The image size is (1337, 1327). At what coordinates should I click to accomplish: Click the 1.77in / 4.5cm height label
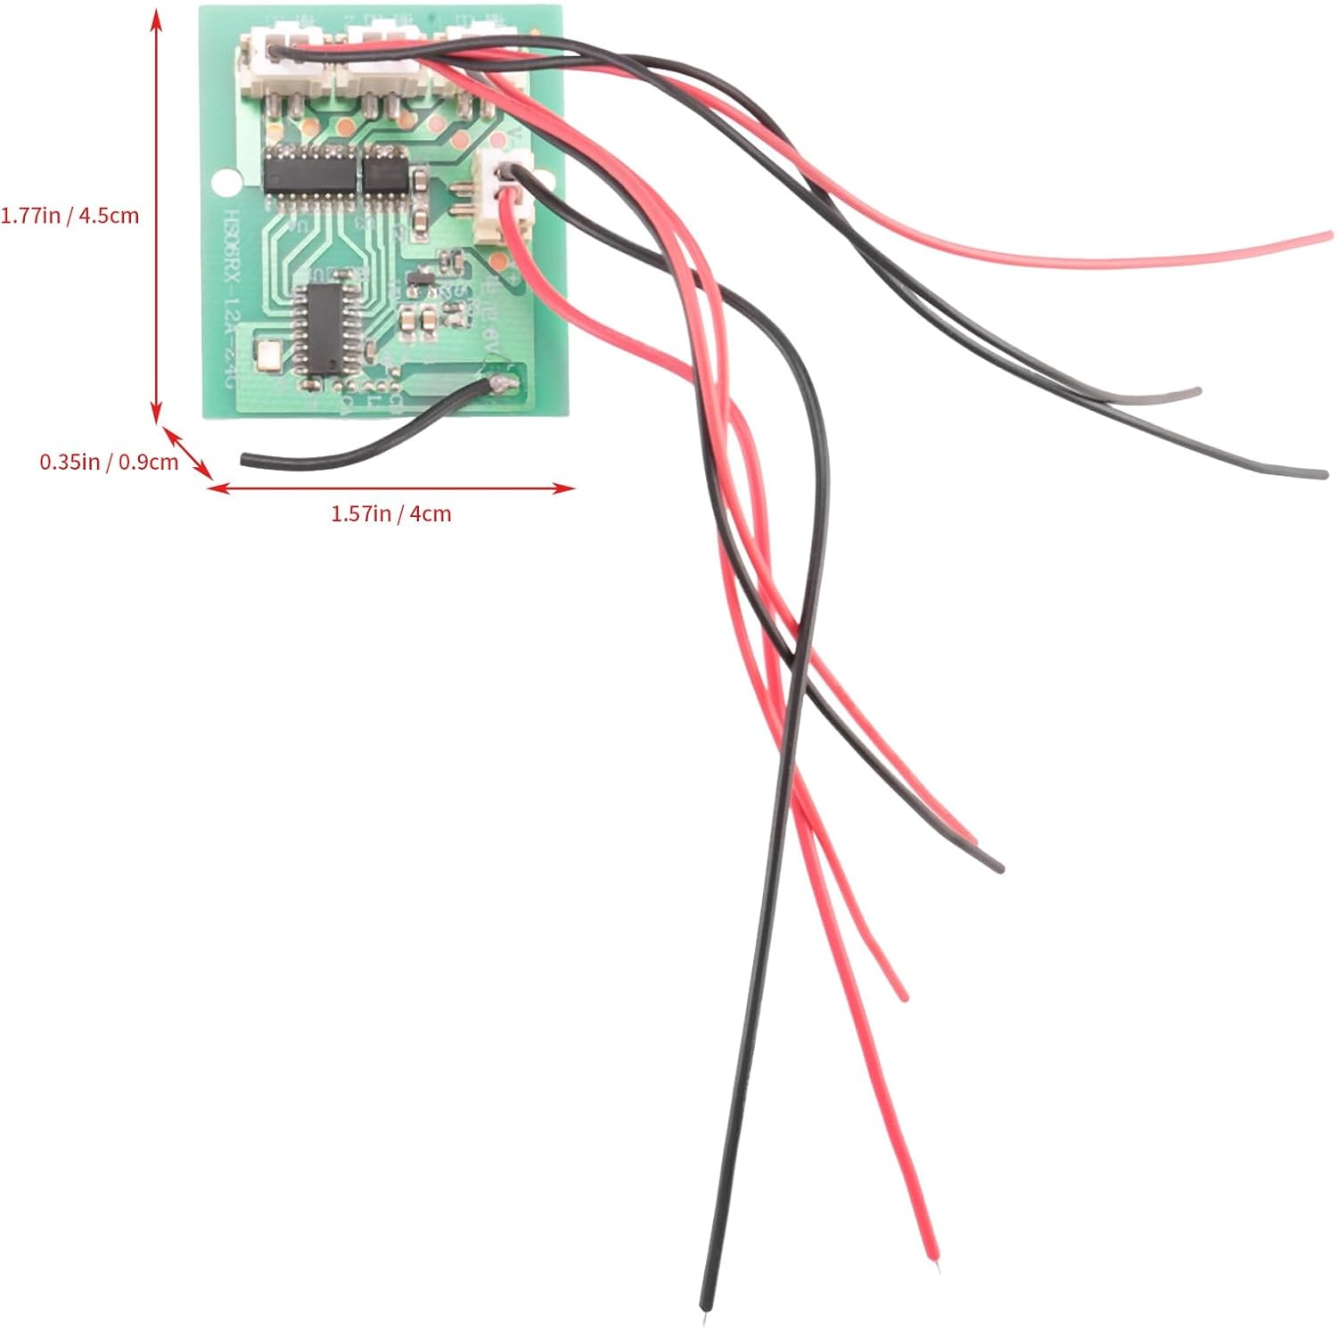click(x=70, y=215)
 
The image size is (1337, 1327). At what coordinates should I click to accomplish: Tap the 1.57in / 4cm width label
click(x=390, y=514)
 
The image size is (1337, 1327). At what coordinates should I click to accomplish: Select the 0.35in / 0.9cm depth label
click(x=109, y=462)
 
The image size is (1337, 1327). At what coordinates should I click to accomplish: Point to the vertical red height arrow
click(x=157, y=214)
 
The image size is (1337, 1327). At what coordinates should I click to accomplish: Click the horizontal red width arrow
click(x=392, y=487)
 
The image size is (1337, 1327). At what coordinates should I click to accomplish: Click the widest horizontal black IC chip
click(x=310, y=171)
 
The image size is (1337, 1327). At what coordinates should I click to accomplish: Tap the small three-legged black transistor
click(x=418, y=284)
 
